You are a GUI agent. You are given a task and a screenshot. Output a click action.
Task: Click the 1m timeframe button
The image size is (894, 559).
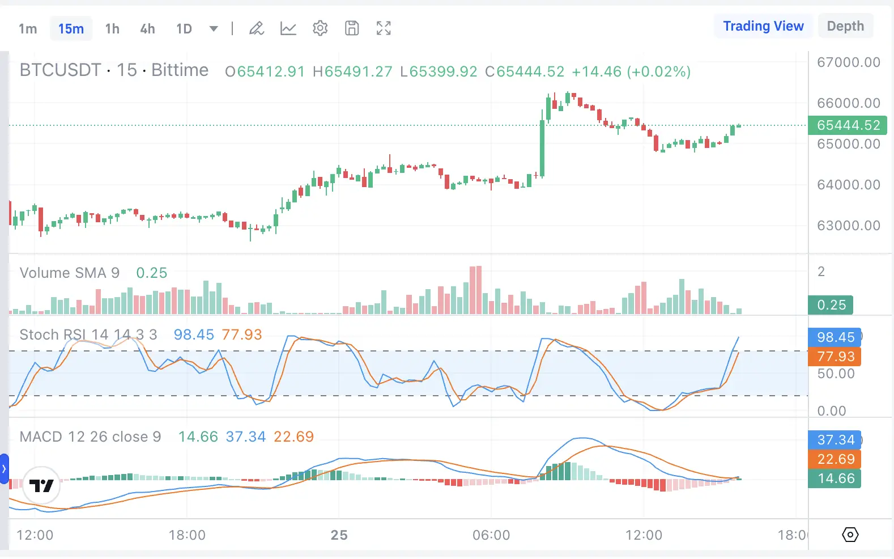click(28, 29)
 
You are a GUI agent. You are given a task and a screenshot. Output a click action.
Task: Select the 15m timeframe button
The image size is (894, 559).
click(71, 29)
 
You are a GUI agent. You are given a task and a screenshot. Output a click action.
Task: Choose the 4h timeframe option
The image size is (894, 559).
click(147, 29)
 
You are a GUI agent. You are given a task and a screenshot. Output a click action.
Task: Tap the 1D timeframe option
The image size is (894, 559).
click(184, 29)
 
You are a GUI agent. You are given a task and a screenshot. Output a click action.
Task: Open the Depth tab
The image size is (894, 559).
click(845, 26)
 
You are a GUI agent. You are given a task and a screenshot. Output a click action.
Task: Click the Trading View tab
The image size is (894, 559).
click(763, 26)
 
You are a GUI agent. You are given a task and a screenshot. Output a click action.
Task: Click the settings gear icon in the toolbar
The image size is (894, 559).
click(320, 28)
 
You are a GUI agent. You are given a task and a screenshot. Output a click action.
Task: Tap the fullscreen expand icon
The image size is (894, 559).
click(384, 28)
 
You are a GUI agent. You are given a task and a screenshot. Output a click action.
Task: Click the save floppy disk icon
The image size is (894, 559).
click(352, 28)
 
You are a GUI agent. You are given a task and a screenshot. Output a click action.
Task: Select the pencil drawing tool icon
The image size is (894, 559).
click(257, 28)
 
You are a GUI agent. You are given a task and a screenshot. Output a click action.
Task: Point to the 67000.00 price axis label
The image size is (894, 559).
click(848, 62)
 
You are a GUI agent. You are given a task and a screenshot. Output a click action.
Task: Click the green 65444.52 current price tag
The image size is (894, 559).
click(848, 125)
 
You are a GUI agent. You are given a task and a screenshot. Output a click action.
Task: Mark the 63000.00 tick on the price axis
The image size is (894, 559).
click(848, 226)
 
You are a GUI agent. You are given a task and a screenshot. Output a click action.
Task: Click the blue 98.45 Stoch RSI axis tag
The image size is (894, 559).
click(835, 337)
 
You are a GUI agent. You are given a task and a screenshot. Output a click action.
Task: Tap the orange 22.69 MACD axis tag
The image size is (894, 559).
click(835, 459)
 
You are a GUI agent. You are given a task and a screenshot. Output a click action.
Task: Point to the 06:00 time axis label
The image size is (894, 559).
click(491, 535)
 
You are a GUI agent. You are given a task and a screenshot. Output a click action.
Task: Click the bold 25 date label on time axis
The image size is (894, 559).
click(339, 535)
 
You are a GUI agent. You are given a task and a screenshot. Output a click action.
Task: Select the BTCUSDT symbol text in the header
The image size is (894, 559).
click(60, 70)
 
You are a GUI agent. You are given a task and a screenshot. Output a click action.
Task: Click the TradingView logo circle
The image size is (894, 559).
click(41, 486)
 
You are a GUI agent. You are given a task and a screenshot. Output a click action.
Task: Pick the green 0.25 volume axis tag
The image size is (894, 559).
click(831, 305)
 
